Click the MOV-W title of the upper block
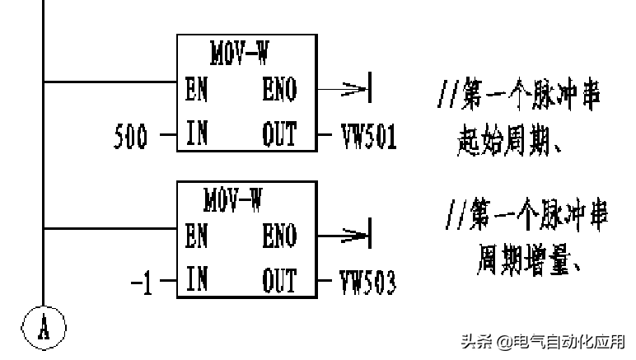(x=239, y=53)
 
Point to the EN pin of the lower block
(x=196, y=236)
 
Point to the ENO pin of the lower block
(x=279, y=236)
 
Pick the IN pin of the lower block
(x=196, y=281)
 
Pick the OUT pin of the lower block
(x=279, y=281)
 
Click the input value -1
(x=142, y=284)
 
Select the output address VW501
(x=368, y=138)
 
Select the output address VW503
(x=368, y=284)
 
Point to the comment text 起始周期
(x=504, y=143)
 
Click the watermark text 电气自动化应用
(x=568, y=341)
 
